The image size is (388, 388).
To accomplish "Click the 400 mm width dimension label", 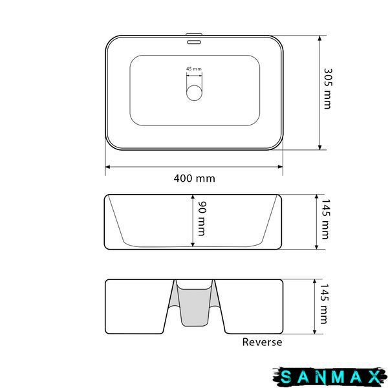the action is click(x=194, y=178).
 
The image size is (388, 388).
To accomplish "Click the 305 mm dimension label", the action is click(x=328, y=89).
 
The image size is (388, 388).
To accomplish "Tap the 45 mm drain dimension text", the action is click(x=194, y=69).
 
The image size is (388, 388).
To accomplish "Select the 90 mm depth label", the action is click(x=202, y=219).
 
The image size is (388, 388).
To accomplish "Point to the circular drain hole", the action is click(x=194, y=92).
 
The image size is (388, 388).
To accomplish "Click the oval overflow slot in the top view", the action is click(x=194, y=42).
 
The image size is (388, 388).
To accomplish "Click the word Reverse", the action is click(x=262, y=342).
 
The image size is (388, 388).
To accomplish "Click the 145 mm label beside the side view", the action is click(x=325, y=219).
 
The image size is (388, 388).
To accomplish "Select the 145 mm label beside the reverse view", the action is click(x=324, y=304).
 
